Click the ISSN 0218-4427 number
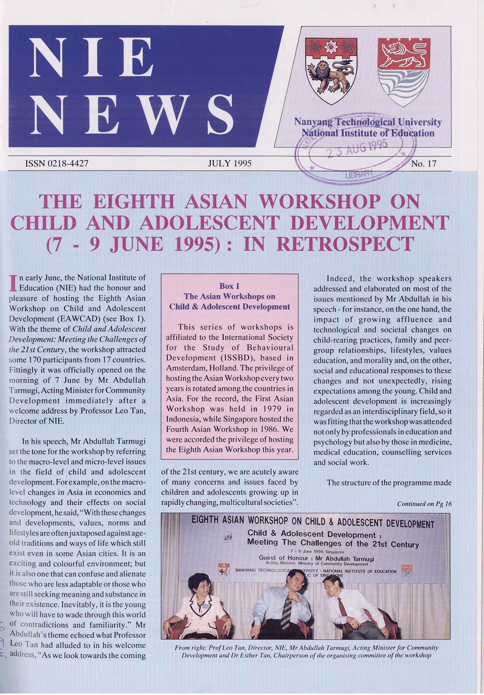(x=56, y=163)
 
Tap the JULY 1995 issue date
(x=229, y=163)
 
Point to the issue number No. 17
(x=423, y=164)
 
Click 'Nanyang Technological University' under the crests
(x=367, y=122)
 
